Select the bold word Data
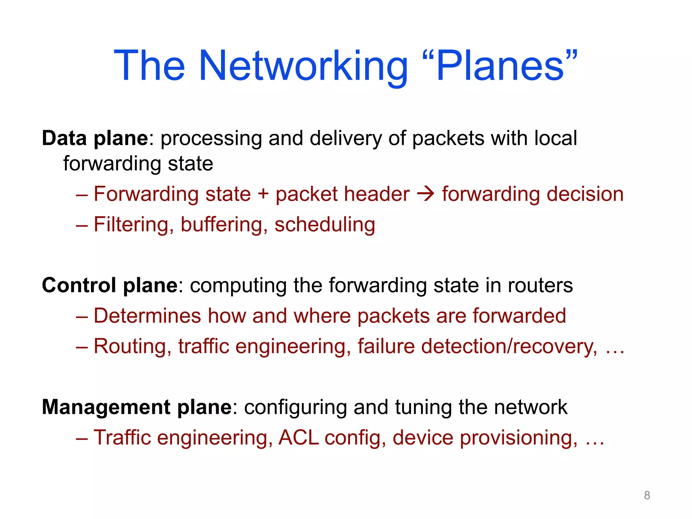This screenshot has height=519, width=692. [64, 139]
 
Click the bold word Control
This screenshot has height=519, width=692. [79, 285]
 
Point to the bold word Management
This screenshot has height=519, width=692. [106, 407]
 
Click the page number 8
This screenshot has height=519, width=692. [647, 495]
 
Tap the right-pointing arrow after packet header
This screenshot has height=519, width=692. [425, 194]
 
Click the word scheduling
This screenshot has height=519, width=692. [325, 225]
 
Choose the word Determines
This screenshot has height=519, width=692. [147, 316]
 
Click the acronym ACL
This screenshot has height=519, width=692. [299, 437]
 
